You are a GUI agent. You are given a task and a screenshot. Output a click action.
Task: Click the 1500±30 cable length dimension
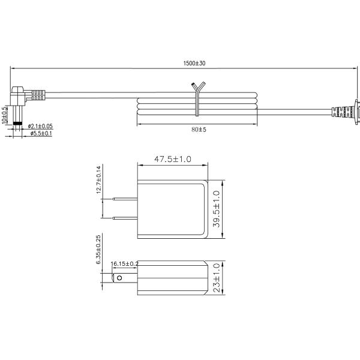[x=194, y=63]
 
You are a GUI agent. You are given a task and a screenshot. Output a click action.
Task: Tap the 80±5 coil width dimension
[x=199, y=130]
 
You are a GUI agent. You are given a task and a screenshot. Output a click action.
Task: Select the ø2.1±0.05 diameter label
[x=40, y=126]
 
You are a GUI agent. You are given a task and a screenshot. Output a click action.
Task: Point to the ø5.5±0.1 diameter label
[x=41, y=133]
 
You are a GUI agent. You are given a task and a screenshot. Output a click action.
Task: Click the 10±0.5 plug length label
[x=4, y=115]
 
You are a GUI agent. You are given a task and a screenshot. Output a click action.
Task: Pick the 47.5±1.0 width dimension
[x=173, y=159]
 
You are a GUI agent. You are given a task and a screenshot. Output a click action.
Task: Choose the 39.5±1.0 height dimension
[x=217, y=209]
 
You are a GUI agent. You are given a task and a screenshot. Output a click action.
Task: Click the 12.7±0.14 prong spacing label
[x=98, y=180]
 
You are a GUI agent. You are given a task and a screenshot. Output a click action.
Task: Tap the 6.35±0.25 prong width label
[x=98, y=250]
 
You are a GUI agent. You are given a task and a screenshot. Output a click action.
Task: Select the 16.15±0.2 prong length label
[x=124, y=264]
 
